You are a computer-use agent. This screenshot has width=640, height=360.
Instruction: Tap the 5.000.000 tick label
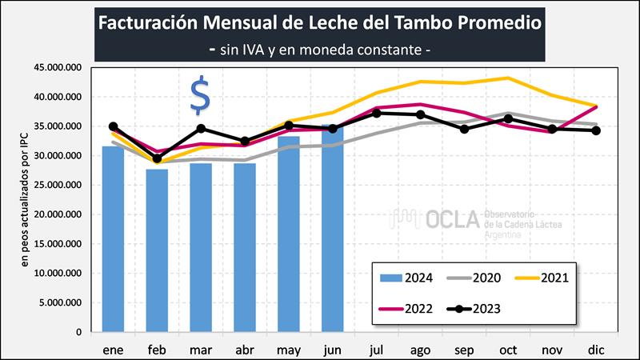coord(62,302)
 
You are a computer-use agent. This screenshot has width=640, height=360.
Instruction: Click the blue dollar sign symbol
coord(200,96)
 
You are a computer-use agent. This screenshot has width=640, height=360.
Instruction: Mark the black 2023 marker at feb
coord(158,158)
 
